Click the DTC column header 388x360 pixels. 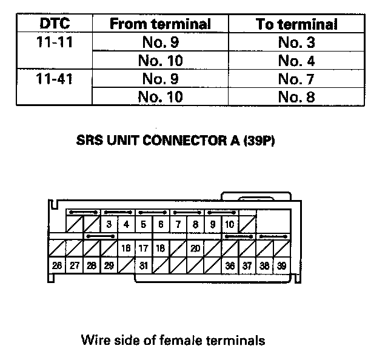54,25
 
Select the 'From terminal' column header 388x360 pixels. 160,25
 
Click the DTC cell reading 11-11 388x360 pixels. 54,43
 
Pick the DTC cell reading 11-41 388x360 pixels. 54,79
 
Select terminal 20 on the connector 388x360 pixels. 195,248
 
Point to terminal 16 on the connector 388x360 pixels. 126,248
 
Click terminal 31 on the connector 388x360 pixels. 144,265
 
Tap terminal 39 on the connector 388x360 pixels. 282,265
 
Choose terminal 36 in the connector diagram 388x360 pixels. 230,265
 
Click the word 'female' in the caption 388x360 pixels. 179,340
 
